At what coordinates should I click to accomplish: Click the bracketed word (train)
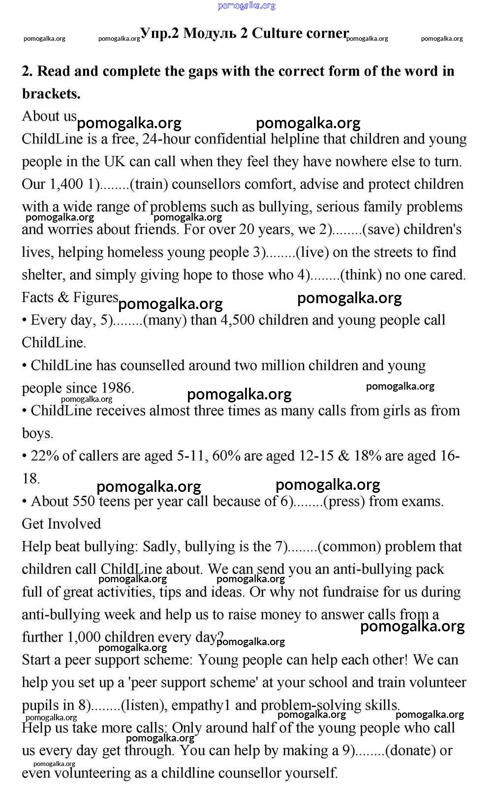pyautogui.click(x=149, y=184)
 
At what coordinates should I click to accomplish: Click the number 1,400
pyautogui.click(x=66, y=184)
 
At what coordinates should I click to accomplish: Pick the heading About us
pyautogui.click(x=49, y=116)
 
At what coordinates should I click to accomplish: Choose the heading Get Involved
pyautogui.click(x=61, y=524)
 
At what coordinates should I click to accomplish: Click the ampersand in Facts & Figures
pyautogui.click(x=63, y=298)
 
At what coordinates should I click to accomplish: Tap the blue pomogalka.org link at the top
pyautogui.click(x=246, y=6)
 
